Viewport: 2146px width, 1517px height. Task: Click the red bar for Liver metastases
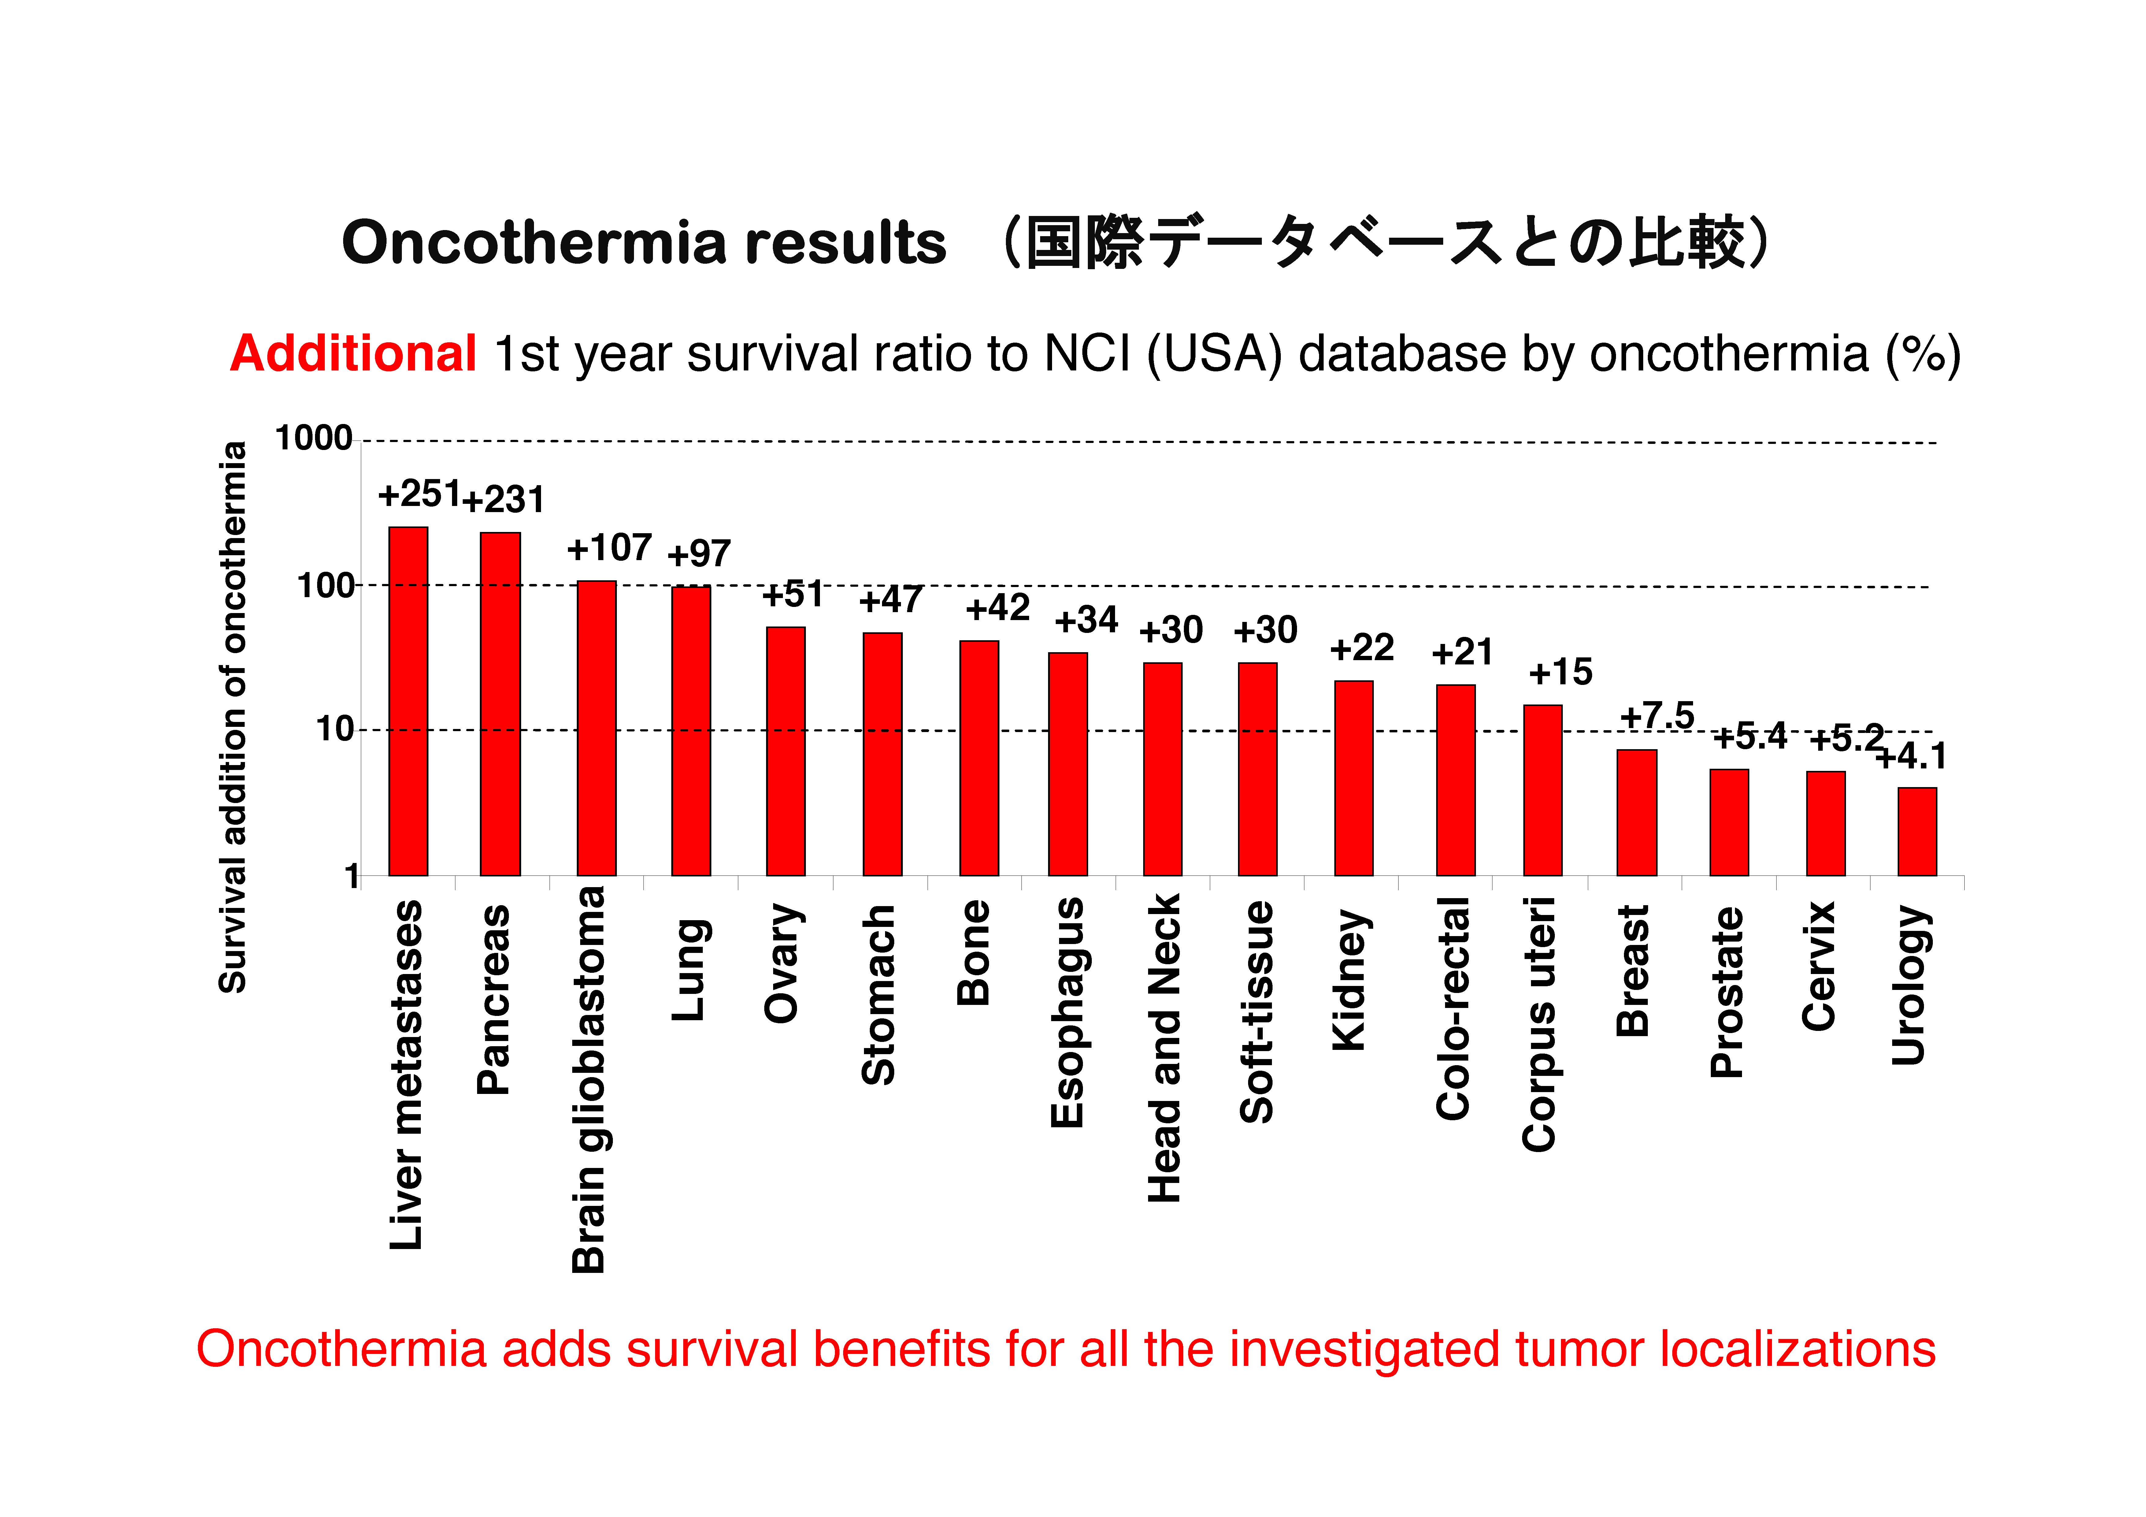(x=409, y=701)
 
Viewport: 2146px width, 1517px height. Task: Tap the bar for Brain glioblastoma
(x=596, y=728)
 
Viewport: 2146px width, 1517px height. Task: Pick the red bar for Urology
(x=1917, y=832)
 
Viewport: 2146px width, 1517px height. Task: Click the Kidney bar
(x=1353, y=779)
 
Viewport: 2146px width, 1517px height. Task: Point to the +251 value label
(x=419, y=493)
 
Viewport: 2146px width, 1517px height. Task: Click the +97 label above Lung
(x=699, y=553)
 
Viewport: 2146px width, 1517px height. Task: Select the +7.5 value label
(x=1657, y=716)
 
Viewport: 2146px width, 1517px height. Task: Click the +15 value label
(x=1560, y=672)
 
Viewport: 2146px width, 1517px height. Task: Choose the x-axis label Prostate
(x=1727, y=993)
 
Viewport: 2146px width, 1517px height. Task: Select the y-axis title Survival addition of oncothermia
(x=233, y=717)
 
